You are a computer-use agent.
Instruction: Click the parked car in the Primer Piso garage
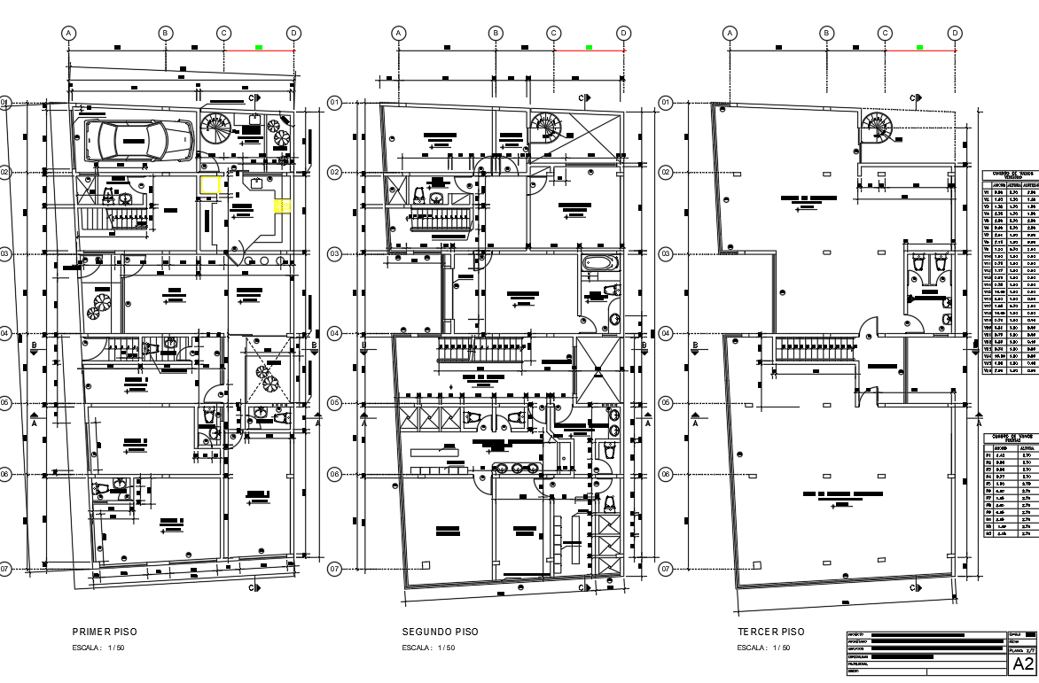[139, 141]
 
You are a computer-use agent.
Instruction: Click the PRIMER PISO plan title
[105, 632]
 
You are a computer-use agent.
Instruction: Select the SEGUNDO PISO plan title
[440, 632]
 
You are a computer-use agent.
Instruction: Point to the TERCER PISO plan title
[771, 632]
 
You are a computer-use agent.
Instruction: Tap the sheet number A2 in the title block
[1022, 664]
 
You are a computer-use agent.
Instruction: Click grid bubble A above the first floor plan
[69, 33]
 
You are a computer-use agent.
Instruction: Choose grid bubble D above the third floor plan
[955, 33]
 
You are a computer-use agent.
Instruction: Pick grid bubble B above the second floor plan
[496, 33]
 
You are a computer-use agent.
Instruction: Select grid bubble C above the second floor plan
[554, 33]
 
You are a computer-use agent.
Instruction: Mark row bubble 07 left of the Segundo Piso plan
[335, 569]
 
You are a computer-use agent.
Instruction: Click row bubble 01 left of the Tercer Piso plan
[666, 103]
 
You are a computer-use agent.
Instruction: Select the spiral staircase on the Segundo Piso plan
[546, 128]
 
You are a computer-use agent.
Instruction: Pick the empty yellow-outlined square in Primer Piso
[210, 185]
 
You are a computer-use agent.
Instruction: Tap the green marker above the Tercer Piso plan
[919, 47]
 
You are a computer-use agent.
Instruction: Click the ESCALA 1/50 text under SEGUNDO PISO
[428, 648]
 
